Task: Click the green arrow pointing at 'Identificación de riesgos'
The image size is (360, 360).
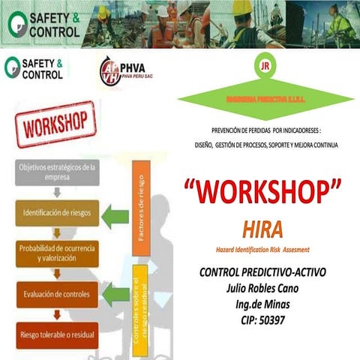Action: point(115,216)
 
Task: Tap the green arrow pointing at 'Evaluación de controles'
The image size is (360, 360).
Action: point(115,294)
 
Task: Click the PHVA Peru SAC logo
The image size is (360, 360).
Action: point(124,70)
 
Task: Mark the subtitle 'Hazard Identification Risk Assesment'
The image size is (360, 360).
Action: point(268,248)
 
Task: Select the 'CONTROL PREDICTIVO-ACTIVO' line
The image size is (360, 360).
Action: point(268,273)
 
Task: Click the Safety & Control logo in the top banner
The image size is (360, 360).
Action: point(43,22)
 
